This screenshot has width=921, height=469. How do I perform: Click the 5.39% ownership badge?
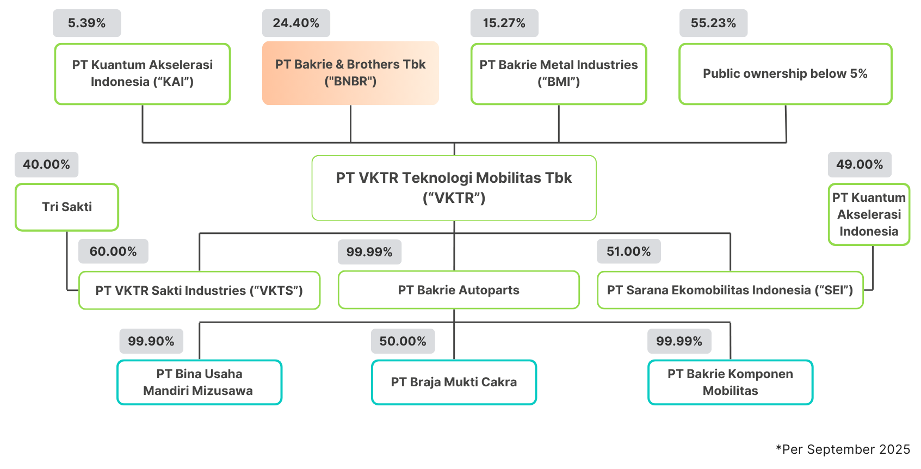86,23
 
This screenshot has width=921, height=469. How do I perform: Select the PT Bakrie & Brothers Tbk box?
350,73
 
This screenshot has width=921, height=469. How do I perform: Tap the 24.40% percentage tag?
296,23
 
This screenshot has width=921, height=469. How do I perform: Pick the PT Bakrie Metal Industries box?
559,73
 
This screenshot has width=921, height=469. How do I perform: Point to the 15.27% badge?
504,23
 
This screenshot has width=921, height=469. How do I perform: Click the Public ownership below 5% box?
785,74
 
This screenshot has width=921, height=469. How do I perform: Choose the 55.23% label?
713,23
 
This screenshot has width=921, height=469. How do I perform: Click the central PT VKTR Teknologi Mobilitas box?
454,188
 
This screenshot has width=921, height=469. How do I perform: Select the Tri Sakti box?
66,207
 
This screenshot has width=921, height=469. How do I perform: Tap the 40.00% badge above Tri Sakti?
46,165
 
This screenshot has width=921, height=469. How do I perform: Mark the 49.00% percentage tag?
860,165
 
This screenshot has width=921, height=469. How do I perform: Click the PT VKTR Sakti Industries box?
199,291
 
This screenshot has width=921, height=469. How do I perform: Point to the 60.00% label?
113,251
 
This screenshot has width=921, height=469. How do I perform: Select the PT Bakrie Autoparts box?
458,290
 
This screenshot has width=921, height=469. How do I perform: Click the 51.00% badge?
628,251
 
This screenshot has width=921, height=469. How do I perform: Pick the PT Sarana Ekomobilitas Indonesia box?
730,290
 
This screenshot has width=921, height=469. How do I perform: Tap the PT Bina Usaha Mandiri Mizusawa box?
199,382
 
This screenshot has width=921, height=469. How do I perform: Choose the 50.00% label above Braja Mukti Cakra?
403,341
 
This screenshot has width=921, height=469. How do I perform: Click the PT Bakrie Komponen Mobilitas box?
730,382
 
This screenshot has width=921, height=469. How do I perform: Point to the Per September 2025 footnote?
843,449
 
